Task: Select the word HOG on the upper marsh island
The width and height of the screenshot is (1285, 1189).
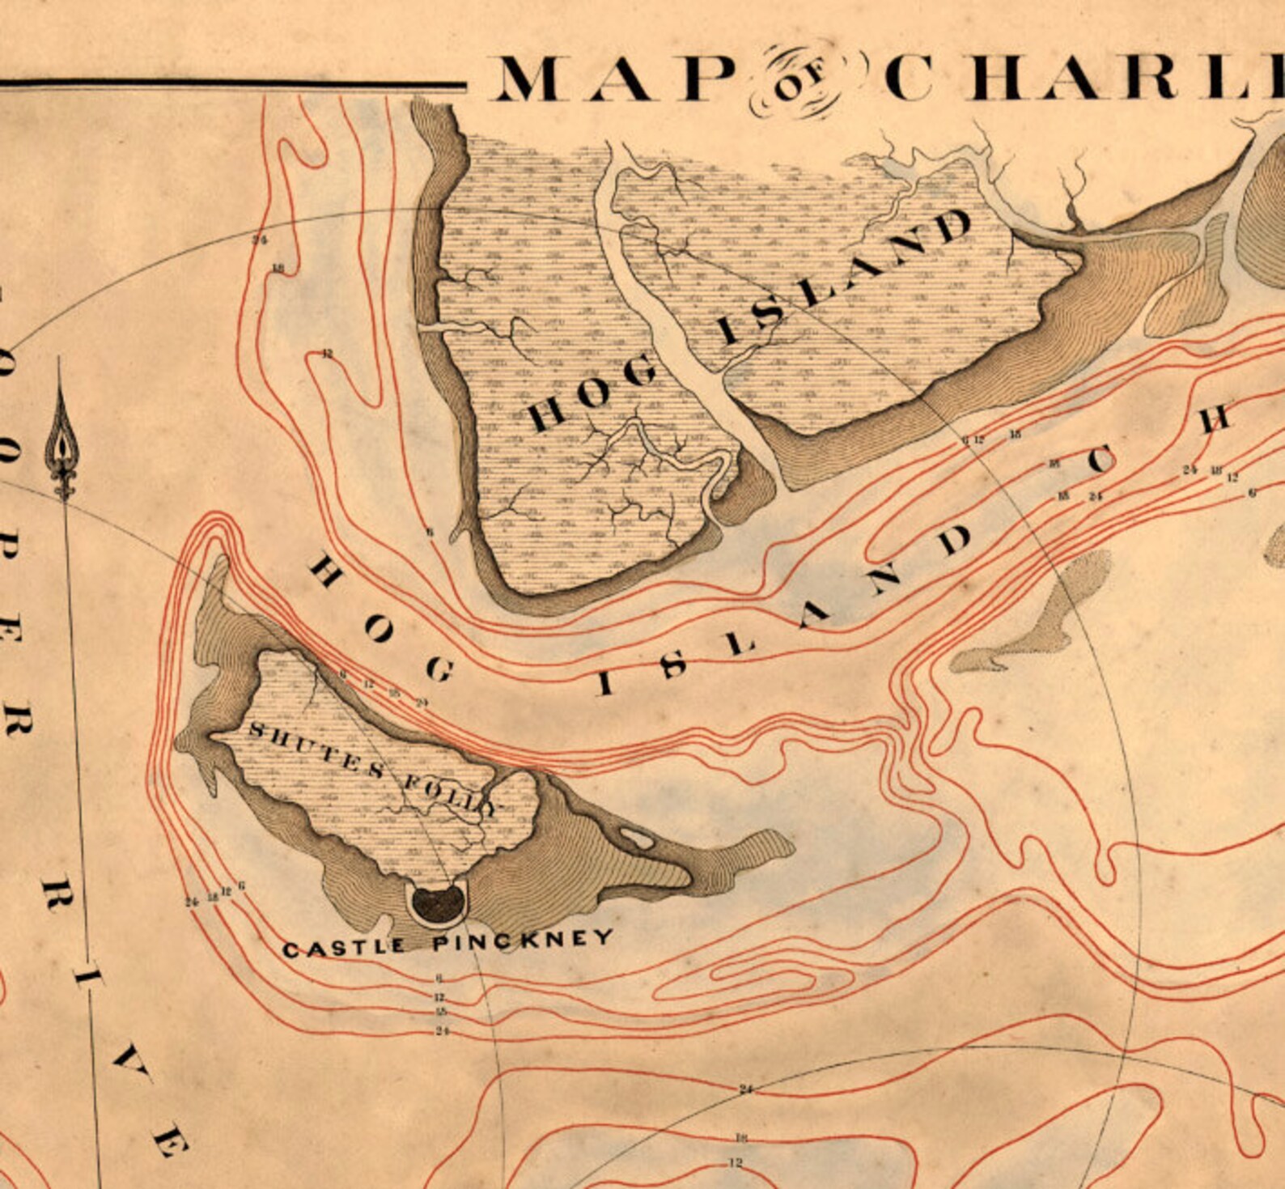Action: pos(592,395)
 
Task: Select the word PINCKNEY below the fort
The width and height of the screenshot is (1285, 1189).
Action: pos(523,941)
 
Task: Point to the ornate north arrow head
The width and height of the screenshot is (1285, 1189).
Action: pos(61,441)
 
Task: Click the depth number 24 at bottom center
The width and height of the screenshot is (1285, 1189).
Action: pos(745,1089)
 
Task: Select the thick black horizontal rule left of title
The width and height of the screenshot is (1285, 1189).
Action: pos(235,83)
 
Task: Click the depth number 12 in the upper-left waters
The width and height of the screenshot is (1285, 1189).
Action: pos(327,354)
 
